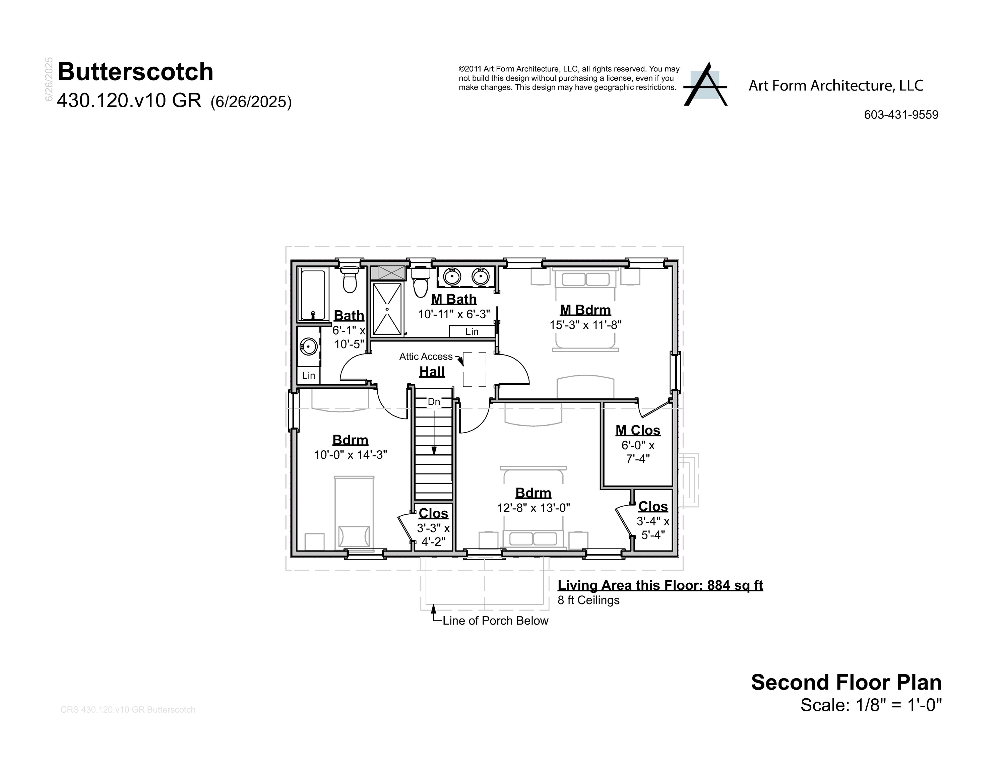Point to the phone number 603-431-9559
(901, 115)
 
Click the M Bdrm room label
(585, 310)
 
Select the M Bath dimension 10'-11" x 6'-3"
(454, 314)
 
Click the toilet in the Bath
(350, 279)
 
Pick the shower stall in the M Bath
(387, 309)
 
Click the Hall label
(432, 372)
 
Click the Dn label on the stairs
(434, 401)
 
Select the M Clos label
(638, 430)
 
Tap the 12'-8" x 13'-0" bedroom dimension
(534, 508)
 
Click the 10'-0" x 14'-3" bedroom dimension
(351, 455)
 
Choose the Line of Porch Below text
(495, 621)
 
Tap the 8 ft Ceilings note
(588, 600)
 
